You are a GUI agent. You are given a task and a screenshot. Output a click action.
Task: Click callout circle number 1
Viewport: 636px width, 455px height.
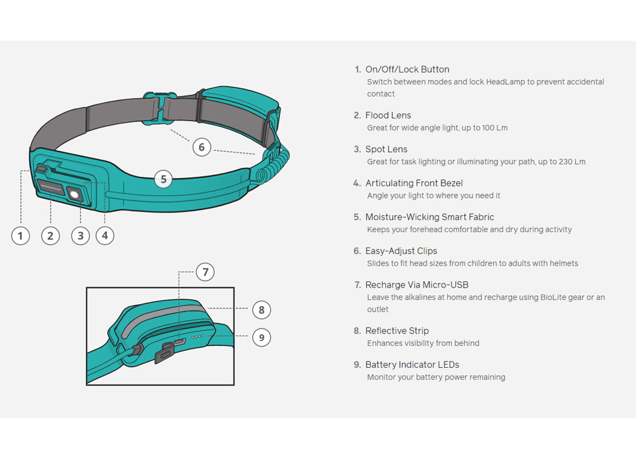(20, 236)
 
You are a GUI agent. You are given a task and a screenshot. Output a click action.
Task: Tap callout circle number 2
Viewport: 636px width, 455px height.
(50, 236)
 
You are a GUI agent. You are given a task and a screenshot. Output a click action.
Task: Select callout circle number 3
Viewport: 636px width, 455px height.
(80, 236)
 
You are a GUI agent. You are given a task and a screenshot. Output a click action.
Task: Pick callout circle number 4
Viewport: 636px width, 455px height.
(105, 236)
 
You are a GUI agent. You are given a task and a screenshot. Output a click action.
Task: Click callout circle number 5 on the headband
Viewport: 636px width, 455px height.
(163, 179)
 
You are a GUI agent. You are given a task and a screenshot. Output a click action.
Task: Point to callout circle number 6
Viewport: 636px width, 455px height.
(202, 147)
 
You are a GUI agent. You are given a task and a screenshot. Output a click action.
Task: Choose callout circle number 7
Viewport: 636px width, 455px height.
(205, 272)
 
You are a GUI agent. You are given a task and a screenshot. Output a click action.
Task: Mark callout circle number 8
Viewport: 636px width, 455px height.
(261, 310)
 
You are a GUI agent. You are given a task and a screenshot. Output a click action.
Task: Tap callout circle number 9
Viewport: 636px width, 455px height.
(261, 337)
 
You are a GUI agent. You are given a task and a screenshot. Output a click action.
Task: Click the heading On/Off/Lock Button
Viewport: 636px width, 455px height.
(407, 69)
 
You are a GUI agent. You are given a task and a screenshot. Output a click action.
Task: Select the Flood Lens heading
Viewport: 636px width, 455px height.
(388, 115)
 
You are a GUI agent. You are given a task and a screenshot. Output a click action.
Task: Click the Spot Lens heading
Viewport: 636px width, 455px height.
(386, 150)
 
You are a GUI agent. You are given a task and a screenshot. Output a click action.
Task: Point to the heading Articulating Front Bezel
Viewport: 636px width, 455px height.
(414, 183)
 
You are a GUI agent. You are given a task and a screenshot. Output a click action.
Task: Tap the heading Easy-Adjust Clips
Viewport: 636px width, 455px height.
(401, 251)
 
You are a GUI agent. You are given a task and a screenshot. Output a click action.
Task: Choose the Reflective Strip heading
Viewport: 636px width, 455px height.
(397, 331)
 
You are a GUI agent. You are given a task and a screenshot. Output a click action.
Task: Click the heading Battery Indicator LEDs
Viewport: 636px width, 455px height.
(412, 365)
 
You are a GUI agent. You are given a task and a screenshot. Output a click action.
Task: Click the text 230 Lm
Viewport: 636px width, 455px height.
(572, 162)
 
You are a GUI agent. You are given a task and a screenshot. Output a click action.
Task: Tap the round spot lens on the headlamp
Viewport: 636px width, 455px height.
(74, 194)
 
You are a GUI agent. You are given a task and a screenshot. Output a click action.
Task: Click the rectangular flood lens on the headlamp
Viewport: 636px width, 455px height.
(51, 188)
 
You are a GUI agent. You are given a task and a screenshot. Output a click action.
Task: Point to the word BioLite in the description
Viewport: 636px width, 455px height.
(554, 297)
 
